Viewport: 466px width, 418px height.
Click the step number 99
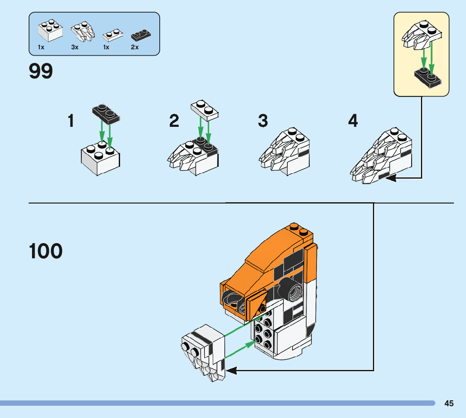[x=41, y=71]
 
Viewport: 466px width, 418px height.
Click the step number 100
[x=46, y=251]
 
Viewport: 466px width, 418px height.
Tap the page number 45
[x=449, y=403]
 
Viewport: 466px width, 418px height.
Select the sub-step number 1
[x=71, y=121]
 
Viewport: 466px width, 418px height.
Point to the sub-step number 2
[x=174, y=121]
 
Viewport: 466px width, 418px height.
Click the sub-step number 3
[x=263, y=121]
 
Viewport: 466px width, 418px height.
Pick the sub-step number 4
[x=353, y=121]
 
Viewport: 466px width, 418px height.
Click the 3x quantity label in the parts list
[x=75, y=48]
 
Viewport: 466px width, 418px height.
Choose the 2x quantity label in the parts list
[x=135, y=48]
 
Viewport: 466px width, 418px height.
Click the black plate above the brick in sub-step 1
[x=106, y=114]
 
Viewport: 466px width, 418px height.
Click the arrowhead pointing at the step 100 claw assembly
[x=231, y=371]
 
